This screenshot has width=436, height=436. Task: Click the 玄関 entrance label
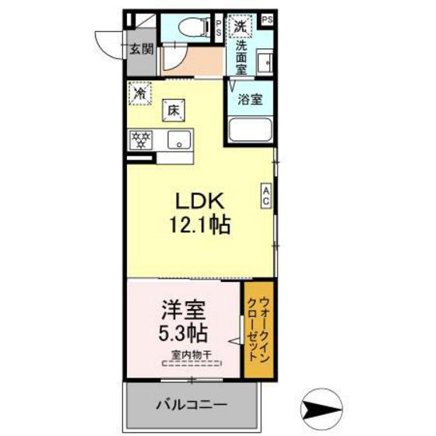pyautogui.click(x=142, y=49)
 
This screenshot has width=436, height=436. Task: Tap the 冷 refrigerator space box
pyautogui.click(x=140, y=93)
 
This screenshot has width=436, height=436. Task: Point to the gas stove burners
pyautogui.click(x=141, y=141)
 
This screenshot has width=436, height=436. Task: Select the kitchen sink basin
pyautogui.click(x=179, y=141)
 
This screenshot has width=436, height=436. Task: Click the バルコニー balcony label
pyautogui.click(x=191, y=405)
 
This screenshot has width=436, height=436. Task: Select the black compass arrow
pyautogui.click(x=320, y=407)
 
